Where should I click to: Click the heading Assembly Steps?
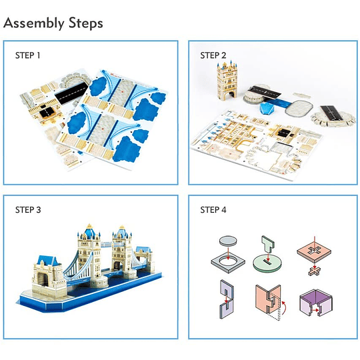coord(53,23)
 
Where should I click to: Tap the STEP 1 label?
coord(27,55)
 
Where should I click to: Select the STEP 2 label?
coord(213,55)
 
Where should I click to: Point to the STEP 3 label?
coord(28,209)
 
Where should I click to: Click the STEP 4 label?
coord(213,209)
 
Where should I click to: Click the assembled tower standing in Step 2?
coord(227,81)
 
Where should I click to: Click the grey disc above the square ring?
coord(228,241)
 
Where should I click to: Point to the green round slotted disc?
coord(267,263)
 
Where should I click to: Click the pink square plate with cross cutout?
coord(314,253)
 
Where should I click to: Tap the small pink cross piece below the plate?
coord(315,271)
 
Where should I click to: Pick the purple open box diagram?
coord(316,302)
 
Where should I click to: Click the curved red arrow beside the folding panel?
coord(284,307)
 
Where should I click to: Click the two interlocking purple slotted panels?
coord(227,299)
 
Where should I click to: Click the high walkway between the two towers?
coord(106,245)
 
